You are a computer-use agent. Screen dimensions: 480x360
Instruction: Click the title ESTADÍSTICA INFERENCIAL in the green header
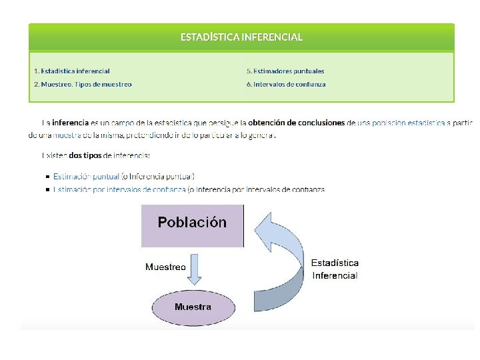pos(241,37)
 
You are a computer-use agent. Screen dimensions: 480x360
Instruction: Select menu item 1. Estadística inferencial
pos(72,71)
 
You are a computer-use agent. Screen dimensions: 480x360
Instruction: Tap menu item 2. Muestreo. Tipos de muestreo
pos(83,85)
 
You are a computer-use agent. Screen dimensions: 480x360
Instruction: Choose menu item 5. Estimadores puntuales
pos(285,71)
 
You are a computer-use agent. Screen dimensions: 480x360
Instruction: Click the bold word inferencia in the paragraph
pos(70,123)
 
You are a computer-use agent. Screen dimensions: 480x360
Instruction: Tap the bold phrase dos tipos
pos(85,155)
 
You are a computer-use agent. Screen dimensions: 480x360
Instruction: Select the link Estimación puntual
pos(86,177)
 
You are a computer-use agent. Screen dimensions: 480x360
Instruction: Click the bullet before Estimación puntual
pos(47,177)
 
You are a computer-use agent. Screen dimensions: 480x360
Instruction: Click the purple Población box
pos(192,225)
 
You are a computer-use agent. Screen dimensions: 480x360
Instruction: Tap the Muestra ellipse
pos(193,307)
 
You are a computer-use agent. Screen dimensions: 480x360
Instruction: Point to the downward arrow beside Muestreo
pos(195,267)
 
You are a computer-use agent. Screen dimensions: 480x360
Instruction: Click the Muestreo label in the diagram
pos(165,267)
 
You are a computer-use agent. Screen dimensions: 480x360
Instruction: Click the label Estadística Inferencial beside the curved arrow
pos(335,269)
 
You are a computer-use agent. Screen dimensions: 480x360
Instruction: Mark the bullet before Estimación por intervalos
pos(47,190)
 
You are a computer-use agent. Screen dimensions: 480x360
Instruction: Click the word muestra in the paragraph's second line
pos(53,135)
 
